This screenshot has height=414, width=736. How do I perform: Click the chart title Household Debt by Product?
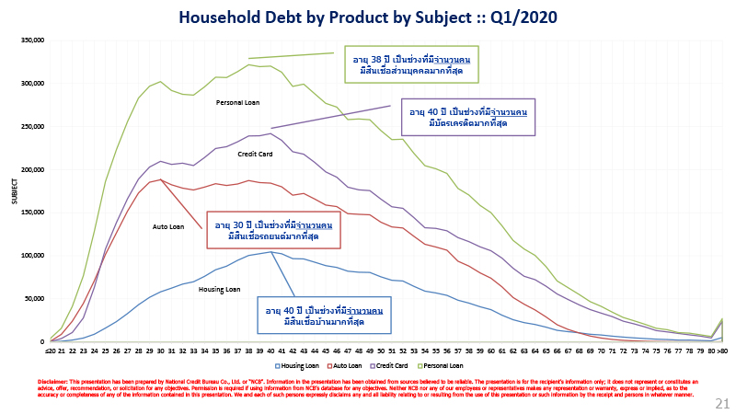click(367, 17)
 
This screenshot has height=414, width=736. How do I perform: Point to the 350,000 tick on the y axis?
click(31, 40)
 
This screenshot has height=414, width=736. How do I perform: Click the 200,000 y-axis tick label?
click(31, 169)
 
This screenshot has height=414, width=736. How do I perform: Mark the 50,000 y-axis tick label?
click(33, 298)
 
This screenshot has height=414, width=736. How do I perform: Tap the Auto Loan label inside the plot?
click(168, 226)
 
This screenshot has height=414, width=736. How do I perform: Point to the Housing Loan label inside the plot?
click(220, 290)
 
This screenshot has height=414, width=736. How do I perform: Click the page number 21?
click(720, 402)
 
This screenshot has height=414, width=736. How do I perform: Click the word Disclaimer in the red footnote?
click(55, 381)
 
